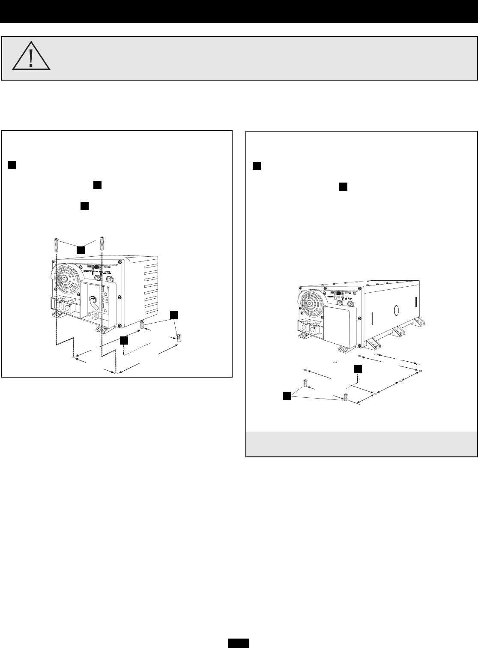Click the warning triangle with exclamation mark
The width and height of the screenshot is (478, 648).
[x=31, y=57]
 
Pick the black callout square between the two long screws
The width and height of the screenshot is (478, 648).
[x=81, y=249]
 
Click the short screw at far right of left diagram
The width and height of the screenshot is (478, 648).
[x=179, y=338]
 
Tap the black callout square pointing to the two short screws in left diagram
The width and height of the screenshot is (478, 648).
[x=173, y=315]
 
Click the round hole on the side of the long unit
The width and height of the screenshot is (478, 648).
[x=396, y=310]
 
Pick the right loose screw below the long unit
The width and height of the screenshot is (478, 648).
[x=345, y=398]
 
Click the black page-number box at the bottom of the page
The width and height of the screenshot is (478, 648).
[x=239, y=643]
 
